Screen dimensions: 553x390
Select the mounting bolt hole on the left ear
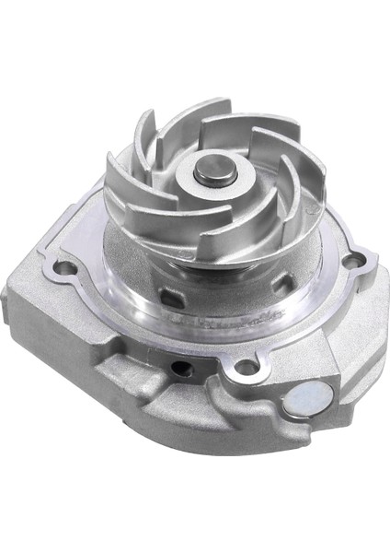64,268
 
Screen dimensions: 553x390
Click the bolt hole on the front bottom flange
246,367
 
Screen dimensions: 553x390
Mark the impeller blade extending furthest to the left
118,175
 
